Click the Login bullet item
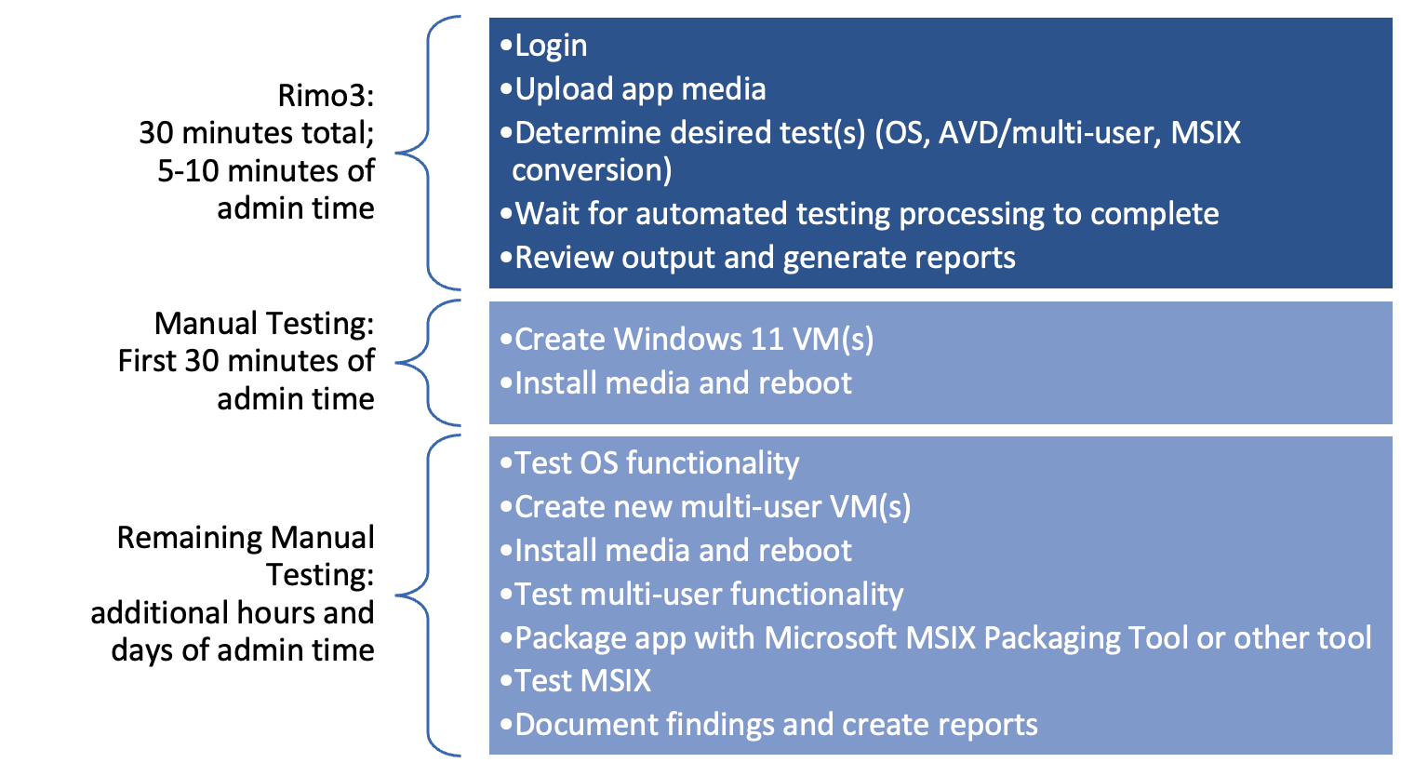tap(550, 46)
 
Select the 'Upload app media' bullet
tap(640, 89)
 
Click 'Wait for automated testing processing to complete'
tap(866, 214)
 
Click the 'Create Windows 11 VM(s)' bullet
tap(694, 340)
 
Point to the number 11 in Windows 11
tap(767, 340)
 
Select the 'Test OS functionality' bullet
tap(657, 463)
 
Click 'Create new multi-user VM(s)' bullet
tap(713, 507)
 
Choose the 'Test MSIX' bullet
tap(582, 681)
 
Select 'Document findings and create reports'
tap(776, 725)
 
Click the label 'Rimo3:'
tap(326, 96)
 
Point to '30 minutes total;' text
tap(257, 133)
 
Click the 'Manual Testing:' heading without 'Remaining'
tap(264, 324)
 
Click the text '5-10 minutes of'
tap(266, 171)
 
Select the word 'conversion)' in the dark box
tap(592, 170)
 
